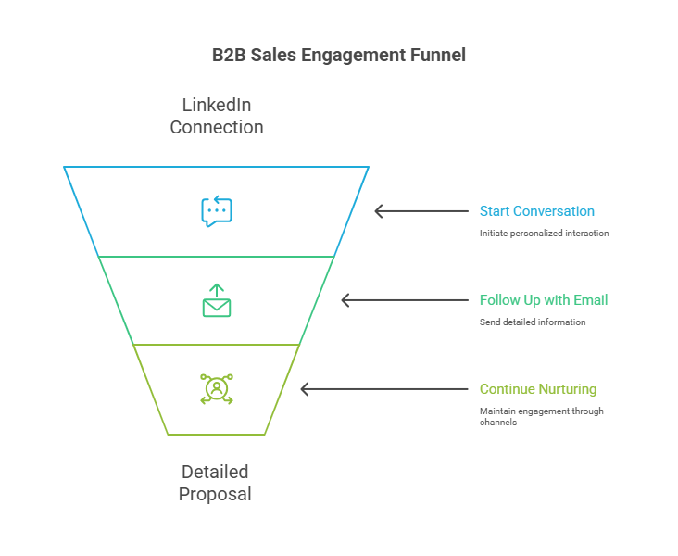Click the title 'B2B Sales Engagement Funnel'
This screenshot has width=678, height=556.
point(339,55)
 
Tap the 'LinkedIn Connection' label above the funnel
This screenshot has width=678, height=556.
point(217,116)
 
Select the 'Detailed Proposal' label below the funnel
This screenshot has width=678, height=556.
point(215,483)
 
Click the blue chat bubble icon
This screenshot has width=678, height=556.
point(217,211)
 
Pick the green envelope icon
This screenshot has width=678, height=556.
point(217,302)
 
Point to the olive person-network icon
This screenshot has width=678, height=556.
point(217,389)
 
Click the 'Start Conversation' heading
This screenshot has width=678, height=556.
point(537,211)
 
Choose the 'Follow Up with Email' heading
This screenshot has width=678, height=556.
point(544,300)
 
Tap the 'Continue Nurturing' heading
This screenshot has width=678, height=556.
point(538,389)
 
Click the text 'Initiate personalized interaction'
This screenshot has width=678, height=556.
point(545,234)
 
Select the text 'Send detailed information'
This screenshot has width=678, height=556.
point(533,322)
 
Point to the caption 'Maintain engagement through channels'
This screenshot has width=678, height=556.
point(542,416)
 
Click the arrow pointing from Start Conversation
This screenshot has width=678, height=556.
point(421,211)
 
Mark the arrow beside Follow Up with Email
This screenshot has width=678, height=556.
point(405,300)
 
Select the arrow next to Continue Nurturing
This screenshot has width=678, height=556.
point(384,389)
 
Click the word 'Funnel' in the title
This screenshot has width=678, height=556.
point(437,55)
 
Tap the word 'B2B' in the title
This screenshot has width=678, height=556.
point(229,55)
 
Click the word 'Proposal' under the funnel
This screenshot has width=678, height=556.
point(215,494)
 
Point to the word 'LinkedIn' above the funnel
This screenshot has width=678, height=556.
point(217,105)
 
